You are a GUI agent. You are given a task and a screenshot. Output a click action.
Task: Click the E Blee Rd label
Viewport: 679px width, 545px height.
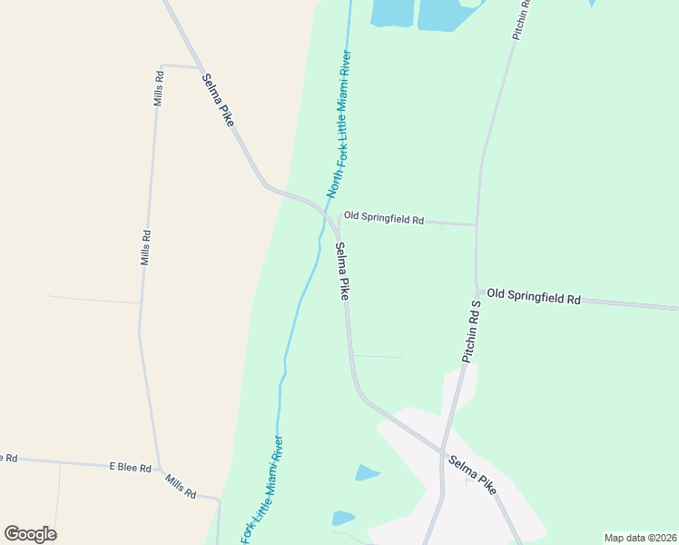point(129,467)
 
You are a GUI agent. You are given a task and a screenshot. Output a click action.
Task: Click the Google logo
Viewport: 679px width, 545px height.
point(30,533)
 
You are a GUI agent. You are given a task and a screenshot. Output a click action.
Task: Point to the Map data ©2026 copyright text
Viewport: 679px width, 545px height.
point(640,538)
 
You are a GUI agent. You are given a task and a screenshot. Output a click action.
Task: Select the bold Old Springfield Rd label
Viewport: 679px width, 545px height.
point(533,296)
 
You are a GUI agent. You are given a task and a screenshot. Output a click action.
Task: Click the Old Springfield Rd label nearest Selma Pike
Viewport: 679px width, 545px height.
point(384,219)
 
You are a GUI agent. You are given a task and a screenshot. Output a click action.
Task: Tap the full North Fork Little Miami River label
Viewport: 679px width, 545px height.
point(339,124)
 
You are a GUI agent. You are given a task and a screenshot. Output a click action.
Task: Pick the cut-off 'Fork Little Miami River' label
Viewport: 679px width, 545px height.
point(262,490)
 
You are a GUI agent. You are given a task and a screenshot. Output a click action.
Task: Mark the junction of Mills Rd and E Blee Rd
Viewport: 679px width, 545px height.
point(161,470)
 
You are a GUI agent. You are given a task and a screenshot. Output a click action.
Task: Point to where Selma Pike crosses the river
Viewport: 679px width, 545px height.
point(324,207)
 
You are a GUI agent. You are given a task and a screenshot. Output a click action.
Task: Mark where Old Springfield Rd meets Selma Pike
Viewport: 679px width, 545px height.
point(339,222)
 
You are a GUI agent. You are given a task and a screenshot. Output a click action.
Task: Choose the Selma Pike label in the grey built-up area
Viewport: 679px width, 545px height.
point(472,474)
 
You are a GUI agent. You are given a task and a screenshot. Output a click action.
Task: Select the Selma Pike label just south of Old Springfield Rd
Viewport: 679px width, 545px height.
point(342,271)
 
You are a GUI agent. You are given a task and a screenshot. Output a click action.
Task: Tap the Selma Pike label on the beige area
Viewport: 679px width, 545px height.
point(218,99)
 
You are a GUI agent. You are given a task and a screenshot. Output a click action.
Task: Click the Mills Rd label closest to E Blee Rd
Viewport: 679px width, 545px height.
point(181,487)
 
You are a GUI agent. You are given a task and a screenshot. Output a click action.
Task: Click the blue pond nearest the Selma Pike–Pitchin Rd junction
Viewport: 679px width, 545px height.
point(368,472)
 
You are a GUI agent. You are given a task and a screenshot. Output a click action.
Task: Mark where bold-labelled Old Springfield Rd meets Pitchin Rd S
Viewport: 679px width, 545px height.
point(476,293)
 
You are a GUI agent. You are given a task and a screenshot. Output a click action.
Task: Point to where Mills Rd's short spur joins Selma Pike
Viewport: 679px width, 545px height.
point(201,68)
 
